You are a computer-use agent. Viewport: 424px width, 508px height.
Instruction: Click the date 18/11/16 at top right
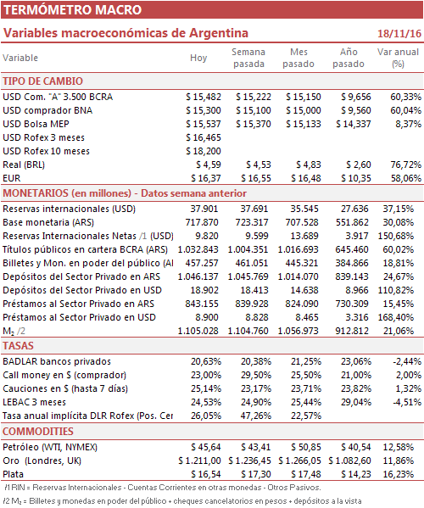tap(399, 33)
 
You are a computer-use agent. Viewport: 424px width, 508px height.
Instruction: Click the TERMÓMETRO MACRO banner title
tap(73, 9)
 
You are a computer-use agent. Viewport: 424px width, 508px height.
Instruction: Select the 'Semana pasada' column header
tap(248, 58)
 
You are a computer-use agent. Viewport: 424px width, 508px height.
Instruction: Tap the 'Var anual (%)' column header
tap(398, 58)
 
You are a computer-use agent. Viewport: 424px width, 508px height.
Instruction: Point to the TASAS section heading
tap(18, 346)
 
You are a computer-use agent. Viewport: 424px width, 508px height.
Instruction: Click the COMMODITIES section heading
tap(38, 431)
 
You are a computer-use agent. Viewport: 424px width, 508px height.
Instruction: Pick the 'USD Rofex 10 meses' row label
tap(47, 151)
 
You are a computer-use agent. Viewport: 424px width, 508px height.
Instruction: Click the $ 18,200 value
tap(204, 151)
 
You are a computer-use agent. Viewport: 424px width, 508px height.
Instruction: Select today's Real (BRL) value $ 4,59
tap(209, 165)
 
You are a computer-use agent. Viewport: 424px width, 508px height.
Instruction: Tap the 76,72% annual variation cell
tap(406, 165)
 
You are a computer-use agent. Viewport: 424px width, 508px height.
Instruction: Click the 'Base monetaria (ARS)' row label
tap(48, 222)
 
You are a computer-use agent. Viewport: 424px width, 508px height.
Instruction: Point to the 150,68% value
tap(396, 236)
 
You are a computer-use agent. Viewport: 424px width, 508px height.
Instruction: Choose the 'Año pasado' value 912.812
tap(352, 331)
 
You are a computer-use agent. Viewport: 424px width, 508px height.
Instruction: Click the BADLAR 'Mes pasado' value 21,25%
tap(306, 361)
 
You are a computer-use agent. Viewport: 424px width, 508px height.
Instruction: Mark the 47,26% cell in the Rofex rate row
tap(256, 416)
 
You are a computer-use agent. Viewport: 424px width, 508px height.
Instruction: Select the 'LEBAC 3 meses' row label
tap(34, 402)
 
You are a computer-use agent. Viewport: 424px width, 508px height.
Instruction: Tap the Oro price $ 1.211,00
tap(199, 461)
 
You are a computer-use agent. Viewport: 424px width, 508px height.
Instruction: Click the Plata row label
tap(14, 474)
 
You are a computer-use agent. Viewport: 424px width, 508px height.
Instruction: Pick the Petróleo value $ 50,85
tap(306, 447)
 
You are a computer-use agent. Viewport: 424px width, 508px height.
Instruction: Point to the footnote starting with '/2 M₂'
tap(182, 501)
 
